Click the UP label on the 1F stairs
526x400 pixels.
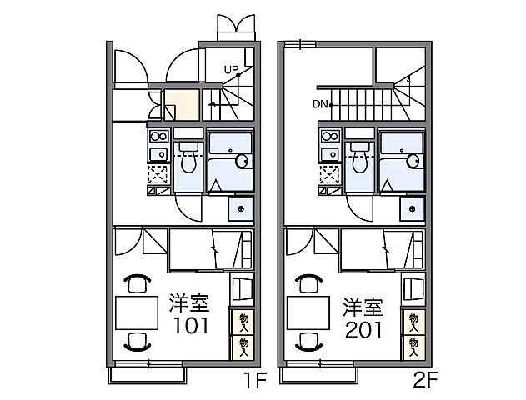pyautogui.click(x=231, y=70)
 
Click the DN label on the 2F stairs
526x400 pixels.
pyautogui.click(x=320, y=104)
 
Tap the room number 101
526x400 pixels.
pyautogui.click(x=191, y=325)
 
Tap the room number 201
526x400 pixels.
pyautogui.click(x=363, y=330)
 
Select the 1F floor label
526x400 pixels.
pyautogui.click(x=254, y=381)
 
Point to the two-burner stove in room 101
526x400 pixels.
pyautogui.click(x=158, y=137)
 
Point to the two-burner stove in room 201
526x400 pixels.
pyautogui.click(x=330, y=137)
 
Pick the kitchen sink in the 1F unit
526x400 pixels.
pyautogui.click(x=158, y=154)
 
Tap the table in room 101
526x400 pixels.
pyautogui.click(x=137, y=312)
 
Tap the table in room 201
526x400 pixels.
pyautogui.click(x=308, y=312)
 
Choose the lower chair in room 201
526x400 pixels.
pyautogui.click(x=308, y=342)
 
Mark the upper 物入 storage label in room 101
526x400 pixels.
pyautogui.click(x=244, y=322)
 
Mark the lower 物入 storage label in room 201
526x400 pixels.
pyautogui.click(x=414, y=347)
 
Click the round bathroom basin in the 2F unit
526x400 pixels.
pyautogui.click(x=413, y=162)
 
